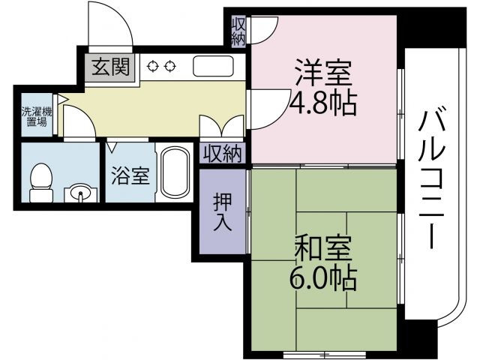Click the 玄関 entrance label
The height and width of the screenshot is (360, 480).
110,68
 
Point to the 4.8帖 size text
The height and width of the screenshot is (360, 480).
322,103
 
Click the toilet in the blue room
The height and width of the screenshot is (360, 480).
42,181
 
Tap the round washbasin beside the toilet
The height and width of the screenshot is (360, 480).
80,194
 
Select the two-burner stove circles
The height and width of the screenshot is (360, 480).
163,66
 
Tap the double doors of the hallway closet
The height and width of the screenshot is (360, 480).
222,125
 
